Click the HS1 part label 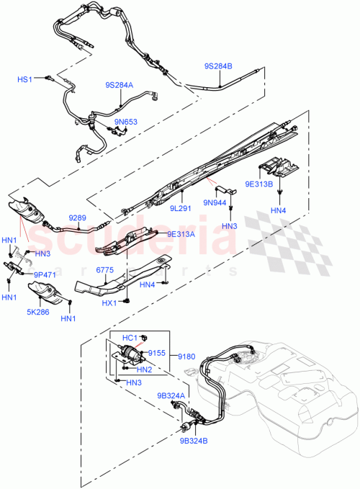(x=25, y=79)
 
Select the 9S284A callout (x=119, y=85)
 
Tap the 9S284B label (x=218, y=66)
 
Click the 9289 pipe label (x=78, y=217)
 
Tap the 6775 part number (x=107, y=270)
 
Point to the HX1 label (x=109, y=303)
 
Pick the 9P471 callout (x=42, y=274)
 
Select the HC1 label (x=130, y=338)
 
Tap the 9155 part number (x=156, y=354)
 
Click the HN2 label (x=143, y=369)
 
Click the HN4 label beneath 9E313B (x=278, y=210)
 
